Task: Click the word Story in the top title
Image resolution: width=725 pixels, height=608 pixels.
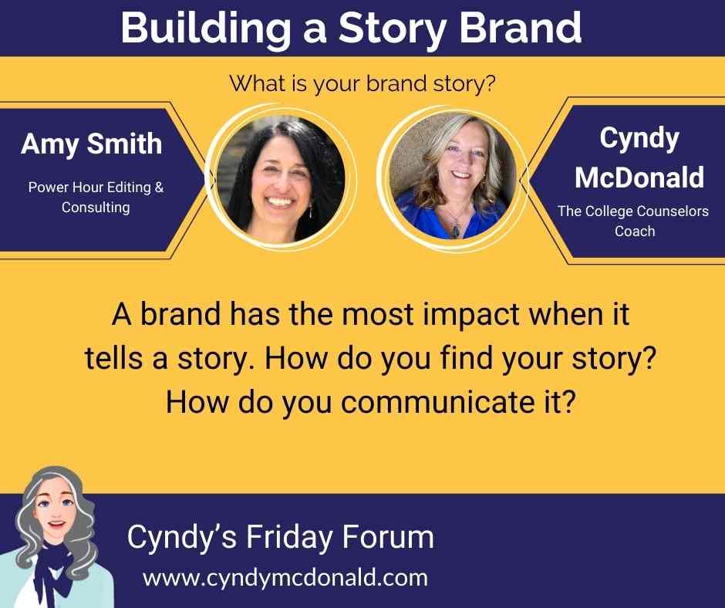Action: (x=392, y=29)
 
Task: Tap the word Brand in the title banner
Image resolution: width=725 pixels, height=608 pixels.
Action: (x=520, y=27)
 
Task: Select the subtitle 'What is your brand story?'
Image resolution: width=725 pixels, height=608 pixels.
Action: (x=362, y=84)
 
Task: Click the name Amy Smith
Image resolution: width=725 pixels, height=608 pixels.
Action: (x=92, y=144)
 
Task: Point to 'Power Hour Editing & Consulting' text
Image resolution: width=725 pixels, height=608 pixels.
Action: (x=96, y=197)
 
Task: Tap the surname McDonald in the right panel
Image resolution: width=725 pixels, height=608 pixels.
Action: (x=639, y=177)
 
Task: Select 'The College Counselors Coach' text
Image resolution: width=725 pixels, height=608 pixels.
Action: (x=633, y=221)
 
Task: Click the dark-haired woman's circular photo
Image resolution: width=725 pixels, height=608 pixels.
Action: (x=280, y=179)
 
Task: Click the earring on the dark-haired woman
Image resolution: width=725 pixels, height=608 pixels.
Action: (x=310, y=212)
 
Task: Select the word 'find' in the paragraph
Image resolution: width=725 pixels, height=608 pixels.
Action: (x=466, y=358)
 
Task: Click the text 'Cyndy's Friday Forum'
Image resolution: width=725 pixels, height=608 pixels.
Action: (x=280, y=538)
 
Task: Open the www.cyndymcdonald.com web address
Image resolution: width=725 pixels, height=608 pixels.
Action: (x=285, y=578)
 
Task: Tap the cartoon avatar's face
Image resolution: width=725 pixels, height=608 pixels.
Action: (x=56, y=508)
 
